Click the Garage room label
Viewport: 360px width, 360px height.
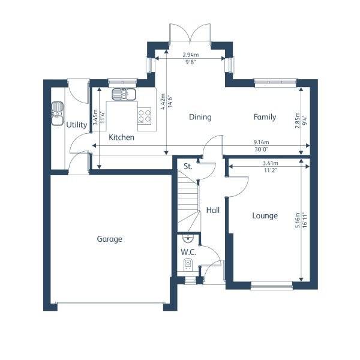(109, 239)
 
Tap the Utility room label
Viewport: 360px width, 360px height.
(77, 125)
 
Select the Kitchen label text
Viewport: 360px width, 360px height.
(121, 137)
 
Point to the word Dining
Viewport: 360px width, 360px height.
(200, 117)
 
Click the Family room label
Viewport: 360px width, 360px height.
(265, 117)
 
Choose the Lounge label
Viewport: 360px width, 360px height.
(265, 215)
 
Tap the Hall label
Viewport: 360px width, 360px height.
(213, 211)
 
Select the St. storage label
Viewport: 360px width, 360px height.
(187, 166)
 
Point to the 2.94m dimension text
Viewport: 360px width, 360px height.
(191, 55)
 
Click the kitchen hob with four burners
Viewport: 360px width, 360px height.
(145, 115)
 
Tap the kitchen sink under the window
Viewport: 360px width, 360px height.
(124, 94)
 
